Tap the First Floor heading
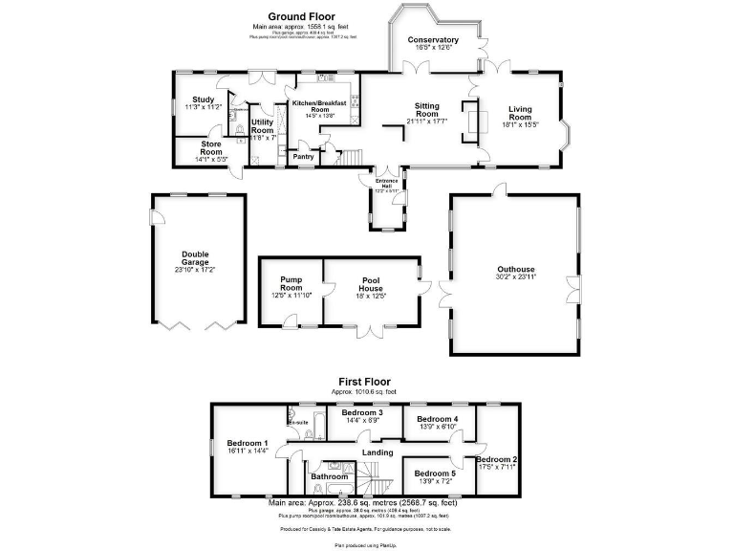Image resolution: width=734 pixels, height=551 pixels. tap(360, 382)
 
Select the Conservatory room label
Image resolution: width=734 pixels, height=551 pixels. tap(433, 40)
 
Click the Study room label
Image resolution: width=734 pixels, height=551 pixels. tap(203, 99)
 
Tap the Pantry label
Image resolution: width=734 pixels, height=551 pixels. tap(303, 157)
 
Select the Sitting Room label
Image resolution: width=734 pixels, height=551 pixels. tap(426, 110)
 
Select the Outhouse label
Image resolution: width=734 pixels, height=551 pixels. tap(515, 270)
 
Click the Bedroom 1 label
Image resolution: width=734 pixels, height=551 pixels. tap(247, 443)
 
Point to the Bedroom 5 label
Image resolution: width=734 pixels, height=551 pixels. tap(434, 473)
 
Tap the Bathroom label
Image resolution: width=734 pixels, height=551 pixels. tap(329, 475)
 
